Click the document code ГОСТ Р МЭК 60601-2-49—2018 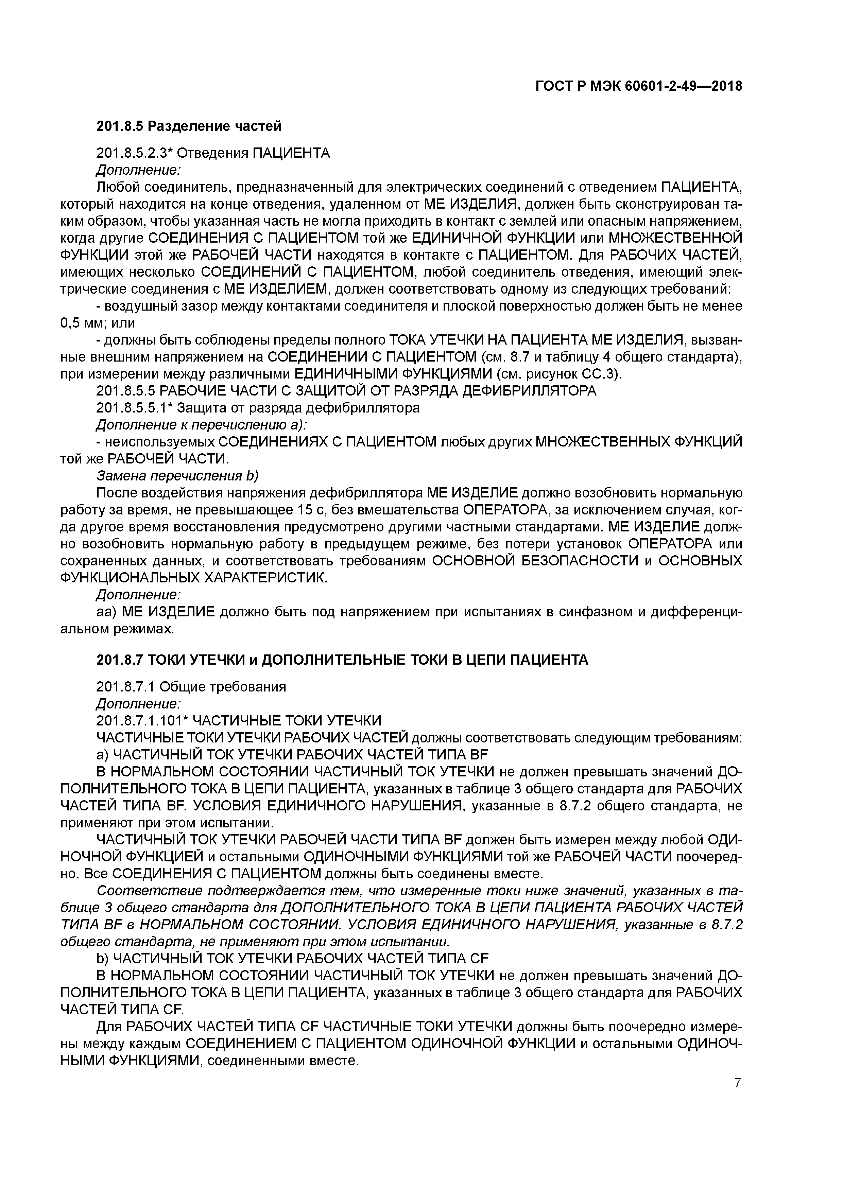(638, 86)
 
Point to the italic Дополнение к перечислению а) (202, 425)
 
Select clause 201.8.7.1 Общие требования (191, 686)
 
